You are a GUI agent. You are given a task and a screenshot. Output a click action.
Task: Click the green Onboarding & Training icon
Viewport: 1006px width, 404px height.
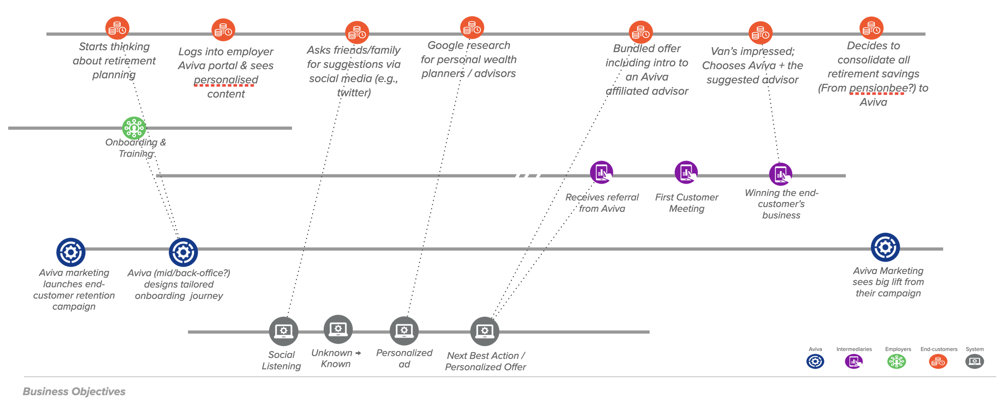[x=134, y=128]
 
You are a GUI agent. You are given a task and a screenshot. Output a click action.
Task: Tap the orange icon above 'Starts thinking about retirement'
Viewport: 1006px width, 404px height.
[x=117, y=29]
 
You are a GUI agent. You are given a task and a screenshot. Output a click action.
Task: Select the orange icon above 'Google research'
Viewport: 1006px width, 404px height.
[x=472, y=28]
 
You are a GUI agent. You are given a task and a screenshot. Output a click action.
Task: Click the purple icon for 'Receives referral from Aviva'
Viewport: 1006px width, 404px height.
[x=601, y=172]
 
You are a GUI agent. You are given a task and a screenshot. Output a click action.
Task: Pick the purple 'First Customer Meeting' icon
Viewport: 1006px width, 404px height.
[x=686, y=172]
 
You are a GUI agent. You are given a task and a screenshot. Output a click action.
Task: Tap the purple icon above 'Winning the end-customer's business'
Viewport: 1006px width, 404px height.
[x=780, y=174]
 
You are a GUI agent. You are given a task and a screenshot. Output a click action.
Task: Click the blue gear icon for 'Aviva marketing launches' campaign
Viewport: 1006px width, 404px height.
[x=71, y=252]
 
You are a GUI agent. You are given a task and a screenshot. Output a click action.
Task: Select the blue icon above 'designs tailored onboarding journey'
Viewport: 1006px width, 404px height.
[x=183, y=252]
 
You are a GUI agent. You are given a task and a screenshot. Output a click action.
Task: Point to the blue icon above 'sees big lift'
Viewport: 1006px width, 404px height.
[x=885, y=247]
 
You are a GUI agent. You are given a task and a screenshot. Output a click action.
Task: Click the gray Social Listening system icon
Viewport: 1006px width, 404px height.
[x=283, y=331]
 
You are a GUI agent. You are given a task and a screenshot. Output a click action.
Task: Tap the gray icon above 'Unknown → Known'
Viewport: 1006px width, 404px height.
[x=338, y=329]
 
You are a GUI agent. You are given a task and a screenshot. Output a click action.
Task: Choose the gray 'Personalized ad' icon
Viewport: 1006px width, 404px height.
[x=404, y=331]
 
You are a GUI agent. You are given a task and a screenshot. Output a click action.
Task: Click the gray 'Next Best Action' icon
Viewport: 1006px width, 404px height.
[x=484, y=331]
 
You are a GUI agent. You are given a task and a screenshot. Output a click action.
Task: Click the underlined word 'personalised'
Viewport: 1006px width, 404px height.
[x=226, y=80]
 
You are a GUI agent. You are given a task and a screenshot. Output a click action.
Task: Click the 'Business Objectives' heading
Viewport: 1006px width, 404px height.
[x=74, y=391]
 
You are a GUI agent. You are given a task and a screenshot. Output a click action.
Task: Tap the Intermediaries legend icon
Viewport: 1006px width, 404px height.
[x=853, y=361]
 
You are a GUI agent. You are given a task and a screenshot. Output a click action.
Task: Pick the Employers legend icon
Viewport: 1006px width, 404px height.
[x=897, y=361]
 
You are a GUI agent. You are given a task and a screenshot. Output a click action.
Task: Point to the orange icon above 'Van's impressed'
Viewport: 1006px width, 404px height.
[x=760, y=33]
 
